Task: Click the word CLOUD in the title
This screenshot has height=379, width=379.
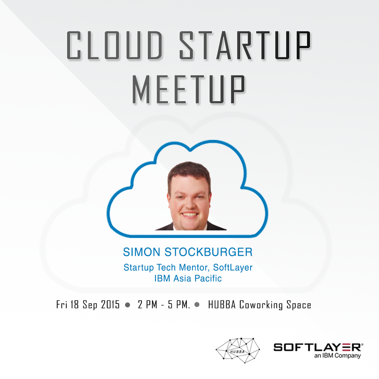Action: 114,45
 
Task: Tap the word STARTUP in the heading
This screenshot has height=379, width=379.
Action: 245,45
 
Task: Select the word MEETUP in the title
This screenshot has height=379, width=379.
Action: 188,89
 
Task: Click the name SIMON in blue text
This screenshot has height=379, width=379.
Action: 142,252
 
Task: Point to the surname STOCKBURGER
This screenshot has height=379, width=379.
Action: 208,252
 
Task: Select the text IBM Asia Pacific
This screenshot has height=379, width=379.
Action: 188,279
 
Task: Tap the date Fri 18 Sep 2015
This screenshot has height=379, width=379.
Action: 88,305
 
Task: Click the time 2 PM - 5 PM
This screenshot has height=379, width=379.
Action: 164,305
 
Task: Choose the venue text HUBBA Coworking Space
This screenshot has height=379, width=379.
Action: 260,305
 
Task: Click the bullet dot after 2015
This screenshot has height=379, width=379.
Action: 128,305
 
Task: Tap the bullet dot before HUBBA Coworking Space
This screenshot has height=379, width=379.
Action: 197,305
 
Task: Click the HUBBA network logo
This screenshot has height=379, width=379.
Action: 238,351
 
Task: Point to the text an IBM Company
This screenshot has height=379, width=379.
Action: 337,356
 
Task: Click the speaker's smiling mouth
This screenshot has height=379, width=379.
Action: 190,215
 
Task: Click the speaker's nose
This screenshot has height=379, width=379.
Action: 189,204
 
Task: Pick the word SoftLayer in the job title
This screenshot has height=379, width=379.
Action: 233,268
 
